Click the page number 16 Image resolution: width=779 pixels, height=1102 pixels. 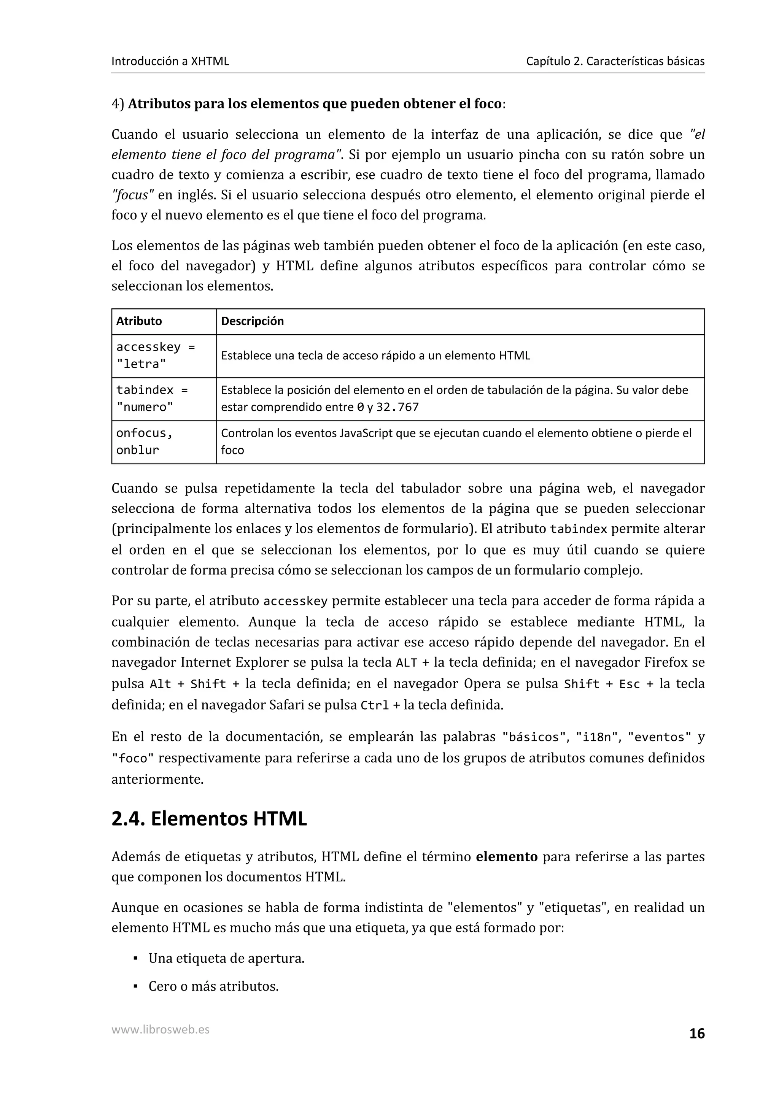(696, 1034)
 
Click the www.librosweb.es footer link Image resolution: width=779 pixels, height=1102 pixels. (160, 1029)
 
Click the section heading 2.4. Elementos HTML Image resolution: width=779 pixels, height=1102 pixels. (209, 819)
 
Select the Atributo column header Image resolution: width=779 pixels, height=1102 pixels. (139, 321)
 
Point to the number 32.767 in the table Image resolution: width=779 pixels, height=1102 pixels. (397, 408)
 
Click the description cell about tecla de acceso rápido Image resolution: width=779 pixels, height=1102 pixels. (375, 356)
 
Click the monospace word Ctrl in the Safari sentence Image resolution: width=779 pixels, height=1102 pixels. (374, 705)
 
